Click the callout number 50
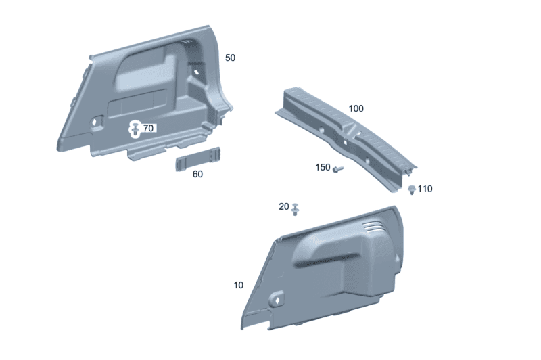point(230,58)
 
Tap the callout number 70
point(148,128)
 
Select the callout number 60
point(197,174)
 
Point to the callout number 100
point(356,108)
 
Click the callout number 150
point(323,167)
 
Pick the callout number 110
point(425,189)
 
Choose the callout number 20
point(284,206)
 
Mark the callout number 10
point(239,285)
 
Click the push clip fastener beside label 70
point(135,129)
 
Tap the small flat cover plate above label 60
point(198,159)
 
